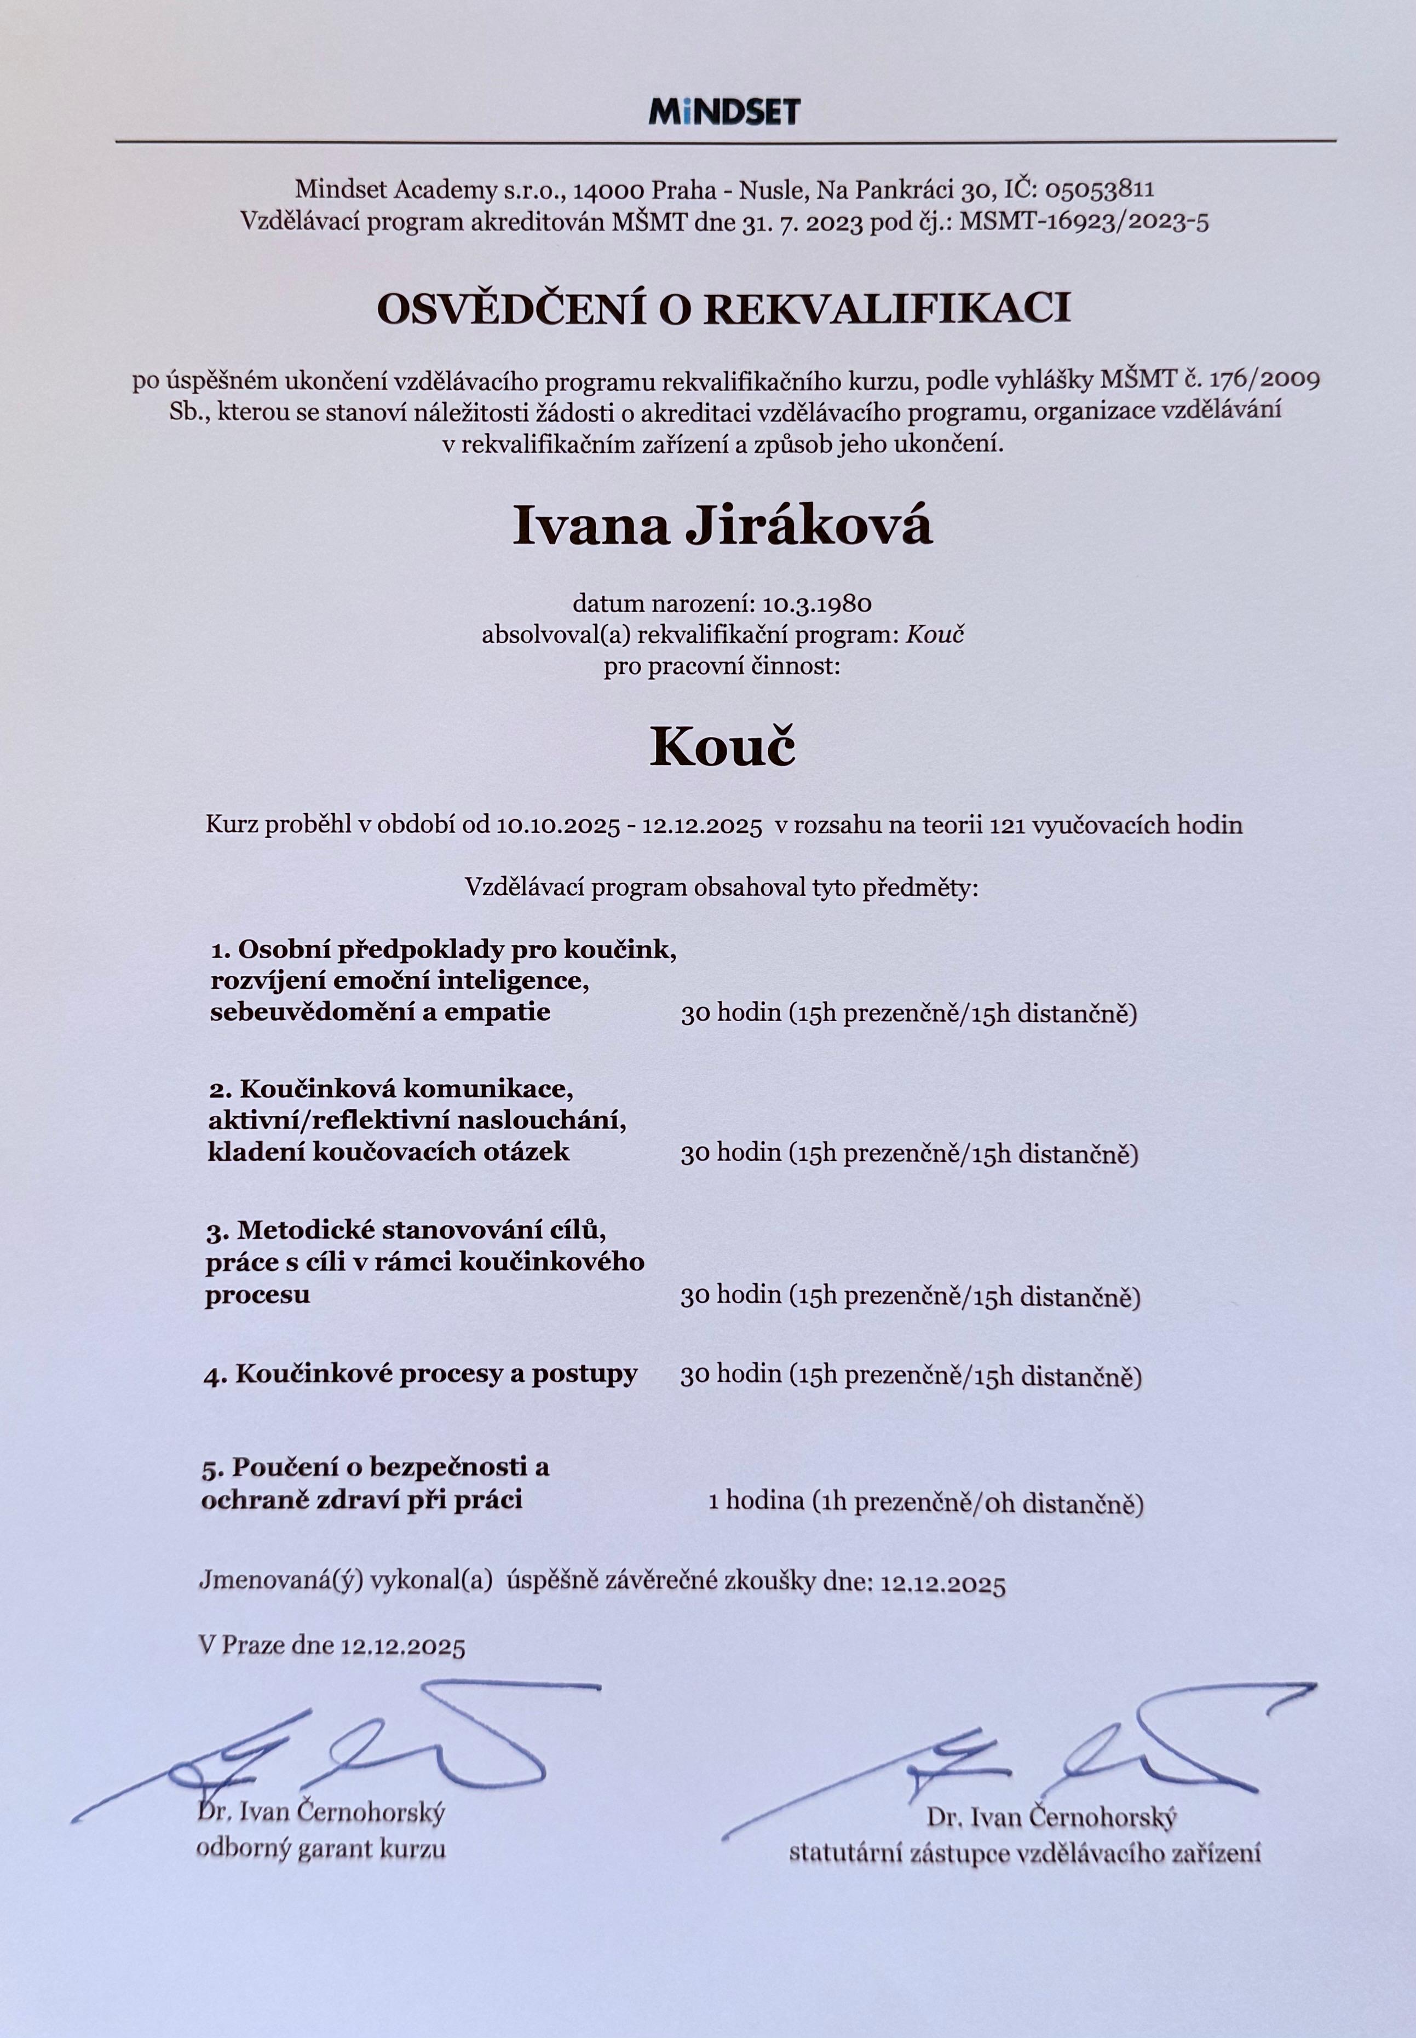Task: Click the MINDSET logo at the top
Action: click(724, 112)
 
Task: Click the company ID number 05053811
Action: click(1100, 188)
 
